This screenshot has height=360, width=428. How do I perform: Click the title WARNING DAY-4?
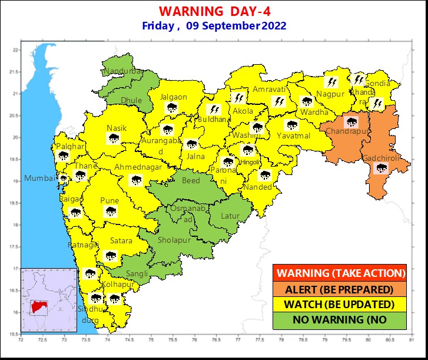214,11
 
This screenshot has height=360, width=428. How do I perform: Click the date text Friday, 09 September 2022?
214,26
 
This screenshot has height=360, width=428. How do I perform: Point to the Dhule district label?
131,101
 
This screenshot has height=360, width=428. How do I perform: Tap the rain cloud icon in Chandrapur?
352,123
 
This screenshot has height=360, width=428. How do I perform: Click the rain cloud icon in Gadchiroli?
381,169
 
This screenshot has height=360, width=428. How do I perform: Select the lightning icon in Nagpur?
332,82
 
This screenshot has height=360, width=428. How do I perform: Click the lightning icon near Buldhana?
215,110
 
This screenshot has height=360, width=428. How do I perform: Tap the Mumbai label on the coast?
38,179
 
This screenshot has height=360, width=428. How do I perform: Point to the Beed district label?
191,181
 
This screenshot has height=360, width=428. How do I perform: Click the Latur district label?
230,216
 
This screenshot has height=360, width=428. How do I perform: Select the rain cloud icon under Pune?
110,212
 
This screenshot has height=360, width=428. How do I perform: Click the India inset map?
49,300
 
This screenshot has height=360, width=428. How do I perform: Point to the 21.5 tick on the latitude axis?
16,72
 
